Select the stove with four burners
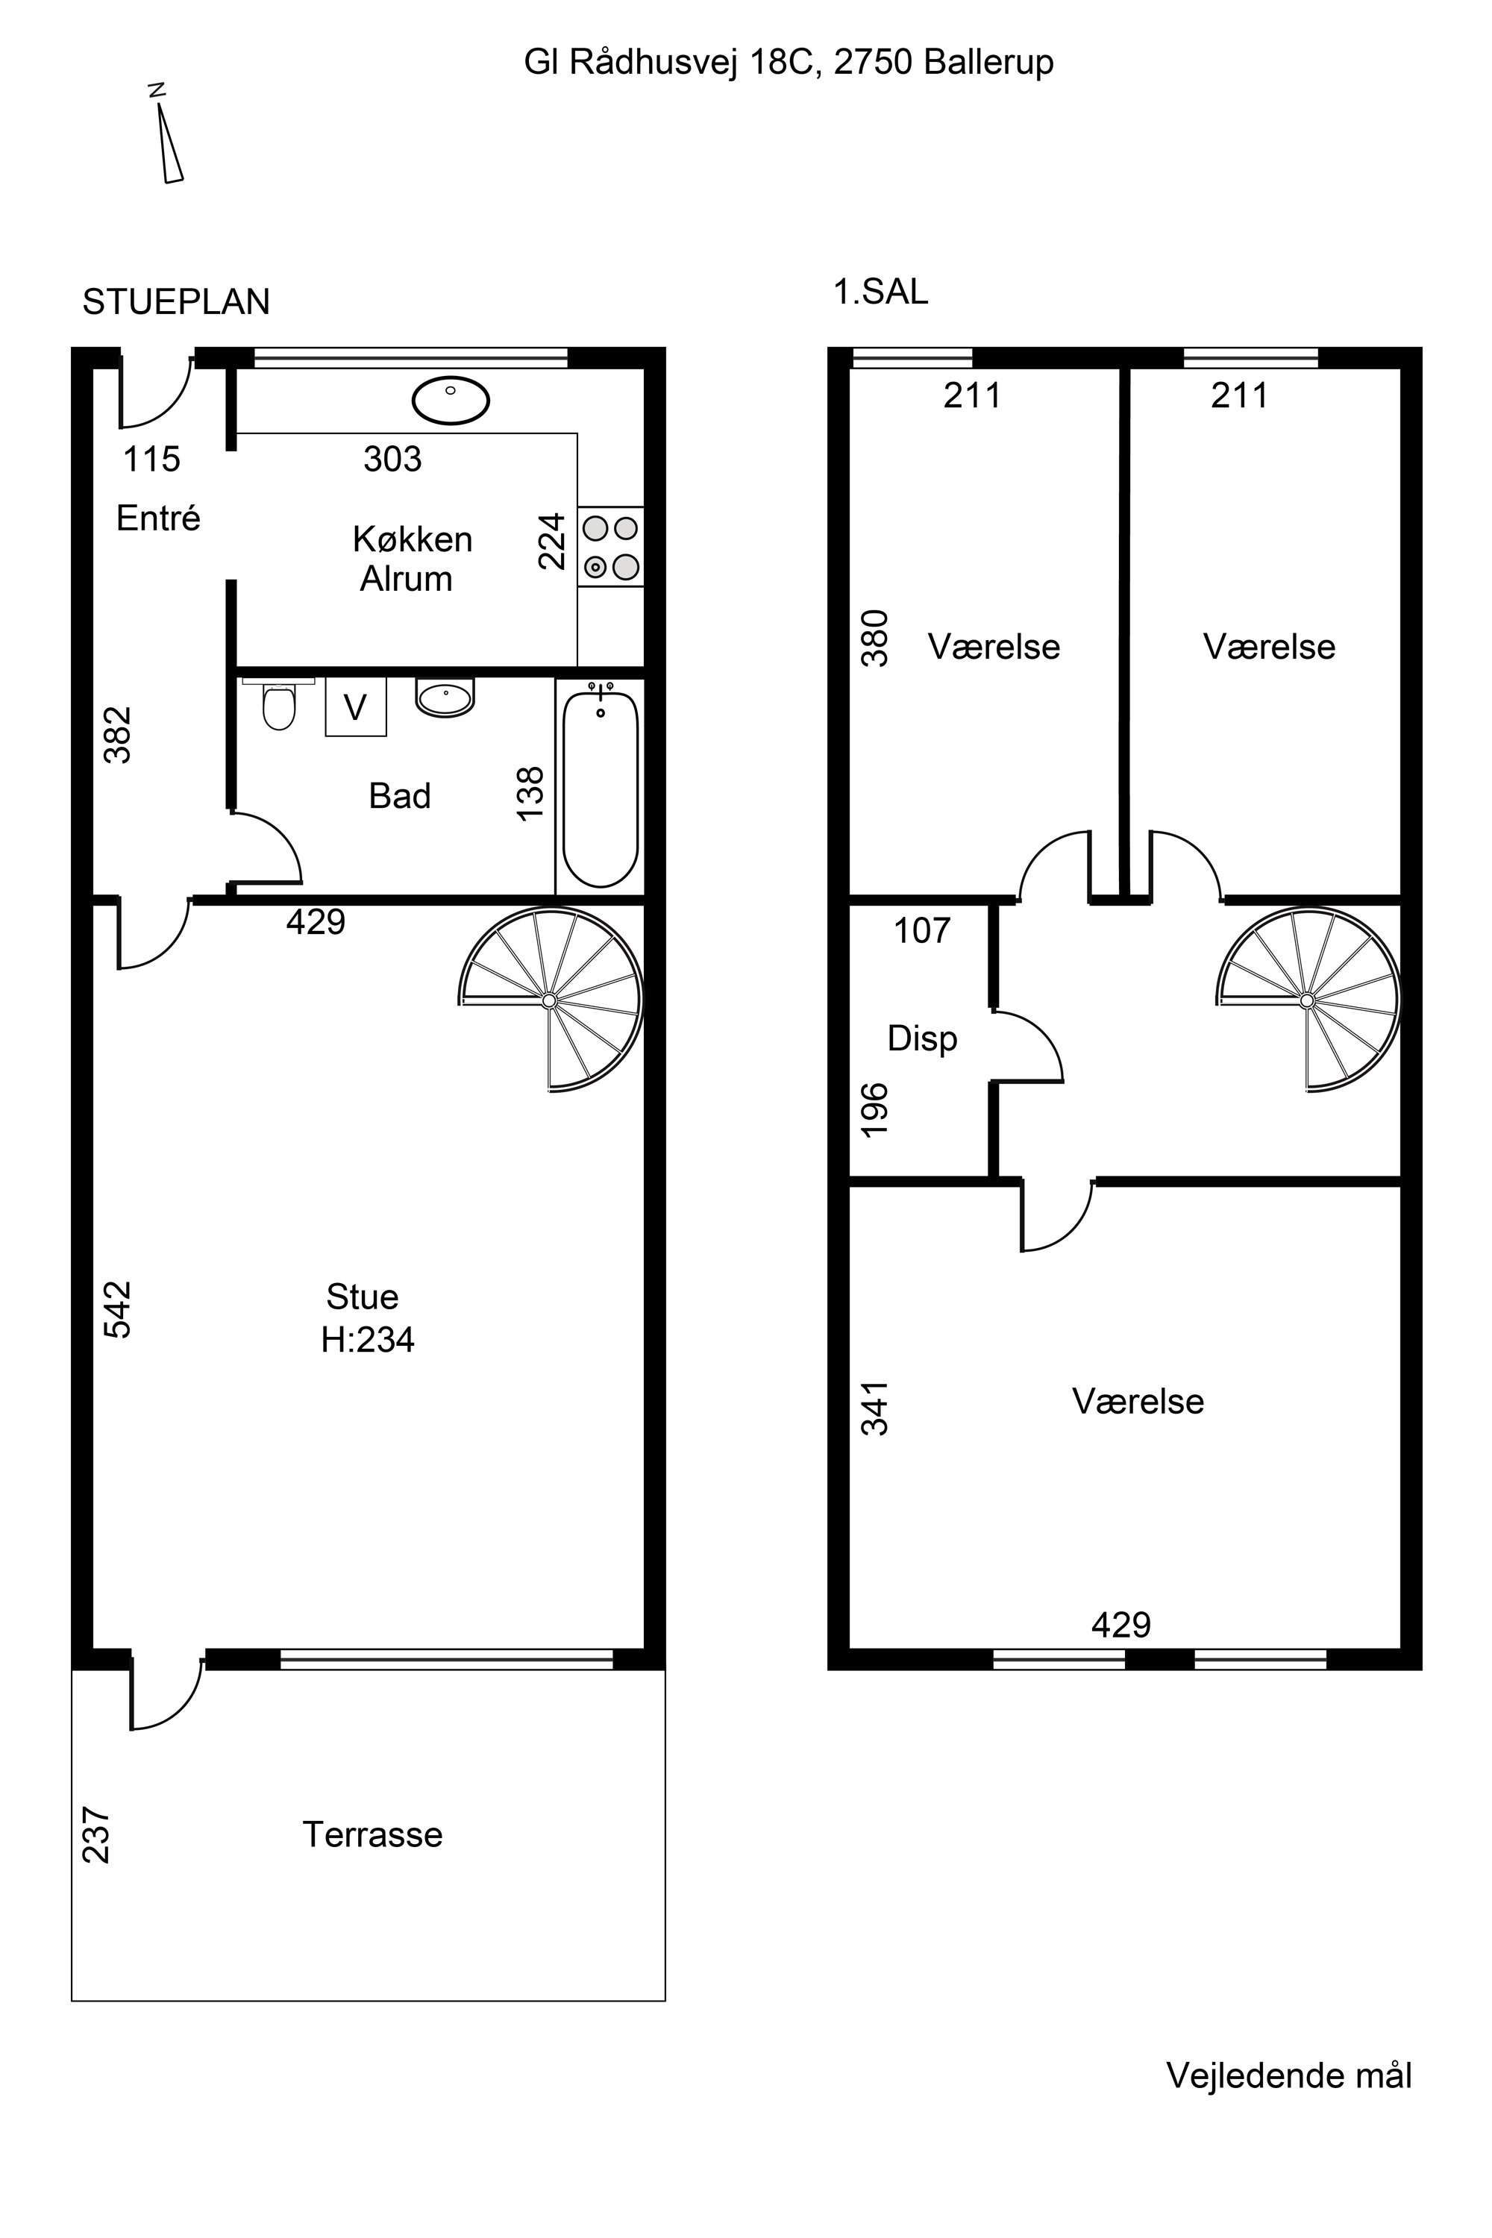coord(610,546)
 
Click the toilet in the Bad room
coord(279,703)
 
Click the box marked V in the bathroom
coord(356,707)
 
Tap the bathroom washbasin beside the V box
coord(445,698)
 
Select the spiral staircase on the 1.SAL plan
coord(1308,999)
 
